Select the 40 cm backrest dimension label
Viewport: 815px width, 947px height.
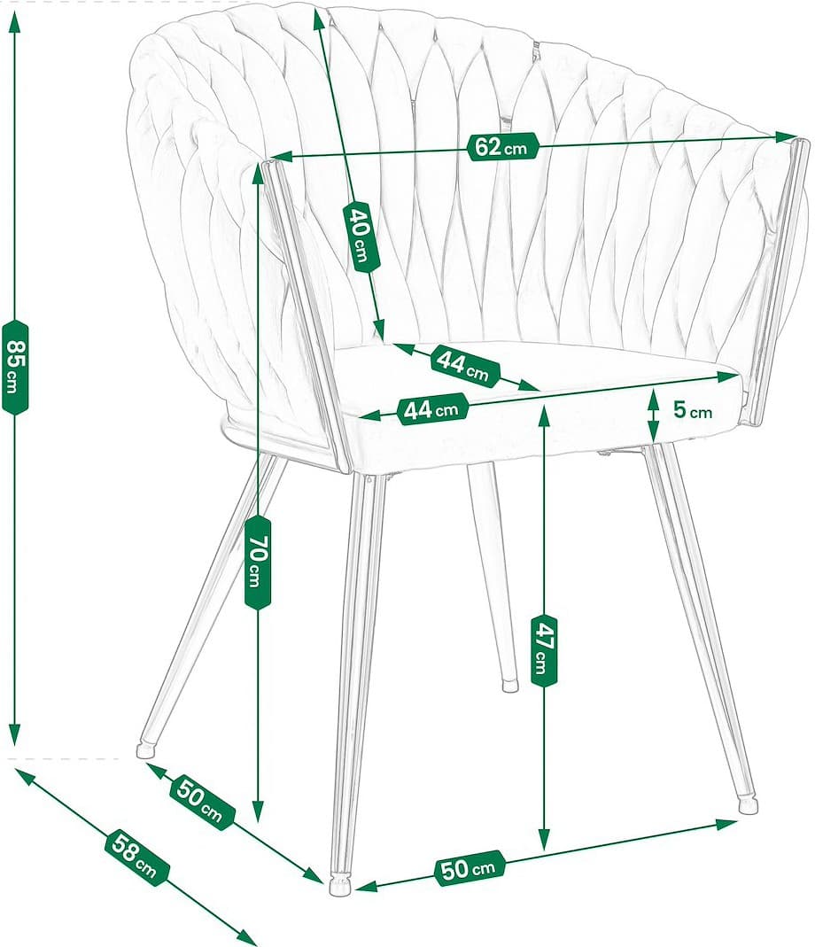coord(361,237)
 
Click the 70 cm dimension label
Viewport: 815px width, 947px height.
coord(256,562)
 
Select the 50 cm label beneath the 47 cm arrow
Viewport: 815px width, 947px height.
coord(469,868)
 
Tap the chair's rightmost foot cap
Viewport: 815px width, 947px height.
coord(749,805)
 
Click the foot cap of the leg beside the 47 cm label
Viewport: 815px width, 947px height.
coord(509,685)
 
